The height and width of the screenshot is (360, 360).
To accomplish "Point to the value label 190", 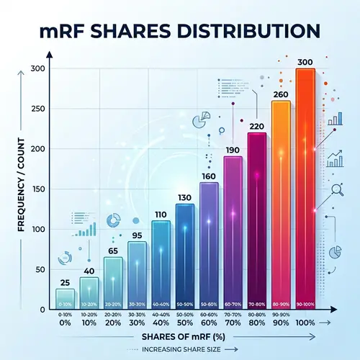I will (x=233, y=150).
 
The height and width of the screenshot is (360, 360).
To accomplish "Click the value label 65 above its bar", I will (x=113, y=251).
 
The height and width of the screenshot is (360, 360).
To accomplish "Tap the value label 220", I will (x=257, y=127).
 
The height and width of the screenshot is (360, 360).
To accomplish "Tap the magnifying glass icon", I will (x=336, y=190).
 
